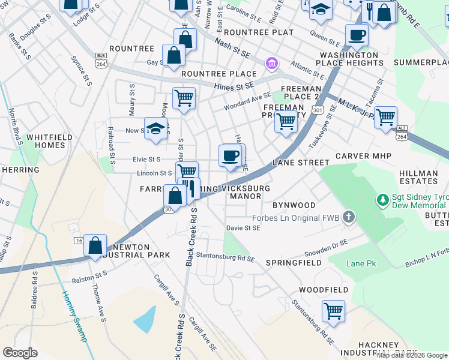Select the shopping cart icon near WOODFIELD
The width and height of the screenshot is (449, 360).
coord(333,311)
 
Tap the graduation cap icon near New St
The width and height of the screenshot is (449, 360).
coord(155,130)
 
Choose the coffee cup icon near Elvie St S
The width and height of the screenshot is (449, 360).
coord(231,157)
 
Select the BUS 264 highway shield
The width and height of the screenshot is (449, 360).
coord(101,59)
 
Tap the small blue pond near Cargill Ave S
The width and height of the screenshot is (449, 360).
coord(145,319)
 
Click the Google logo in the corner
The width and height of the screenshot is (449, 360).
coord(20,352)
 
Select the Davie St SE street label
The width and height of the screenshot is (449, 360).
coord(243,228)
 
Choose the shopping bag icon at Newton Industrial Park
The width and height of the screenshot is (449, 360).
coord(95,245)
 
